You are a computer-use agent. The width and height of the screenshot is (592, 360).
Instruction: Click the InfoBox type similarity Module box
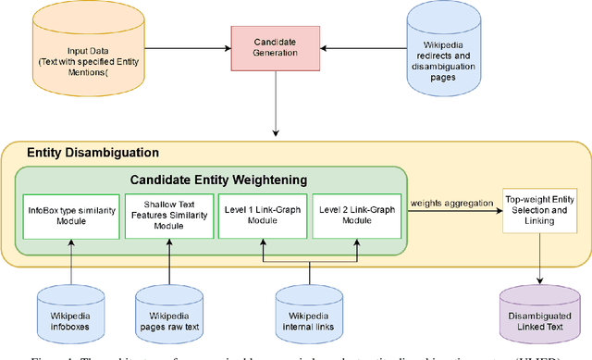point(72,216)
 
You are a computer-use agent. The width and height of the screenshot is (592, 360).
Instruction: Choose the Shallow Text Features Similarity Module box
point(169,216)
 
